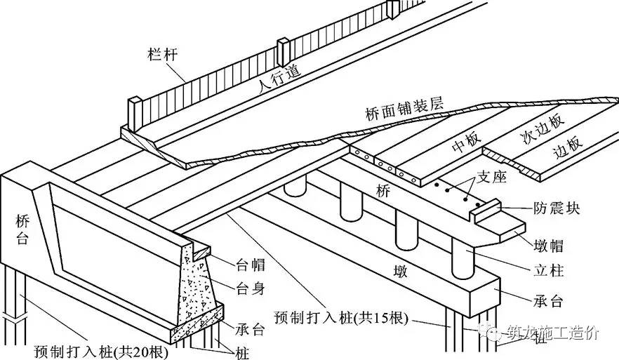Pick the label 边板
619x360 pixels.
coord(568,145)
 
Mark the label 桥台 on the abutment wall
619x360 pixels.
coord(22,229)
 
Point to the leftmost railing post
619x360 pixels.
coord(135,114)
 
